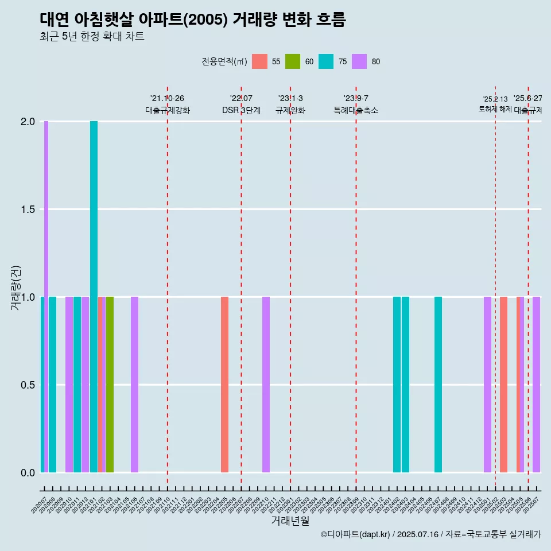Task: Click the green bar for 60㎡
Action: click(110, 385)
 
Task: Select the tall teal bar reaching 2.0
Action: click(94, 297)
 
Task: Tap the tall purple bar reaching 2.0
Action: click(46, 297)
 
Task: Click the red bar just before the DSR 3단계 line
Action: click(224, 385)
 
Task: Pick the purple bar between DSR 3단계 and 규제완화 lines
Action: click(266, 385)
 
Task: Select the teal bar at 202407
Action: click(438, 385)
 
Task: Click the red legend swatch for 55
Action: click(259, 61)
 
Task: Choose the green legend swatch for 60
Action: click(293, 61)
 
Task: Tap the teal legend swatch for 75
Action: click(326, 61)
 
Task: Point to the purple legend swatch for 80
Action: click(359, 61)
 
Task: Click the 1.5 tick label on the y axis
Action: click(28, 209)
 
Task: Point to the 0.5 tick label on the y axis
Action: click(28, 385)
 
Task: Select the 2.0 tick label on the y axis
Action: click(28, 122)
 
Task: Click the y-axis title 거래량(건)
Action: click(16, 288)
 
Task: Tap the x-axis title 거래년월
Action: click(290, 521)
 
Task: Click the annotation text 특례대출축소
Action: click(356, 110)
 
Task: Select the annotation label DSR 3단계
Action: click(241, 110)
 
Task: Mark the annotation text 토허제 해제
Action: click(495, 109)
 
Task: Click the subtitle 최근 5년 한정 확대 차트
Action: click(92, 37)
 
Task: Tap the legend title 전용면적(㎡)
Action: click(224, 62)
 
